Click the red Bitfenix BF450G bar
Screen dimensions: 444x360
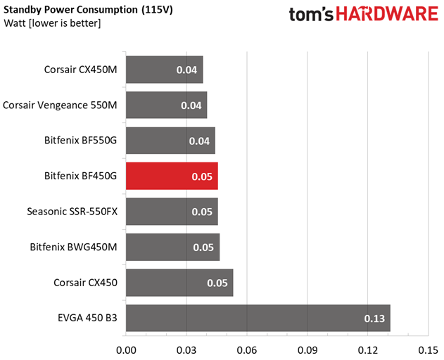point(172,176)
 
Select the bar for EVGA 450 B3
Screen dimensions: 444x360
point(258,318)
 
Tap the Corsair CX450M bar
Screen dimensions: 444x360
point(165,70)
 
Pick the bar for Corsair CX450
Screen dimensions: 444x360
point(179,283)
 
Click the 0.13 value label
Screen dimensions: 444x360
point(374,319)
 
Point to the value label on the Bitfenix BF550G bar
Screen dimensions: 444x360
point(199,141)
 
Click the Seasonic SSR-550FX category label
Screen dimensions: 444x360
point(72,212)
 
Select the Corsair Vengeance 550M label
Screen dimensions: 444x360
point(60,105)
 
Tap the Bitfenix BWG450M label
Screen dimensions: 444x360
point(73,247)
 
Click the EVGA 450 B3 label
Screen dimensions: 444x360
point(87,318)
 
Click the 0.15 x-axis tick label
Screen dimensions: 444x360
point(428,350)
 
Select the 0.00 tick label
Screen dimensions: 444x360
point(126,350)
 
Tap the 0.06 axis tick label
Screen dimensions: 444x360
point(247,350)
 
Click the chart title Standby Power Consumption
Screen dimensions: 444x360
point(70,10)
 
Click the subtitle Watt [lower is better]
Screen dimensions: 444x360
point(52,23)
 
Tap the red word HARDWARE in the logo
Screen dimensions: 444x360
point(387,14)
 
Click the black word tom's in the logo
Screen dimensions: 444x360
point(311,15)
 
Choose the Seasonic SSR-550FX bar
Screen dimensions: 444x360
point(172,212)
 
